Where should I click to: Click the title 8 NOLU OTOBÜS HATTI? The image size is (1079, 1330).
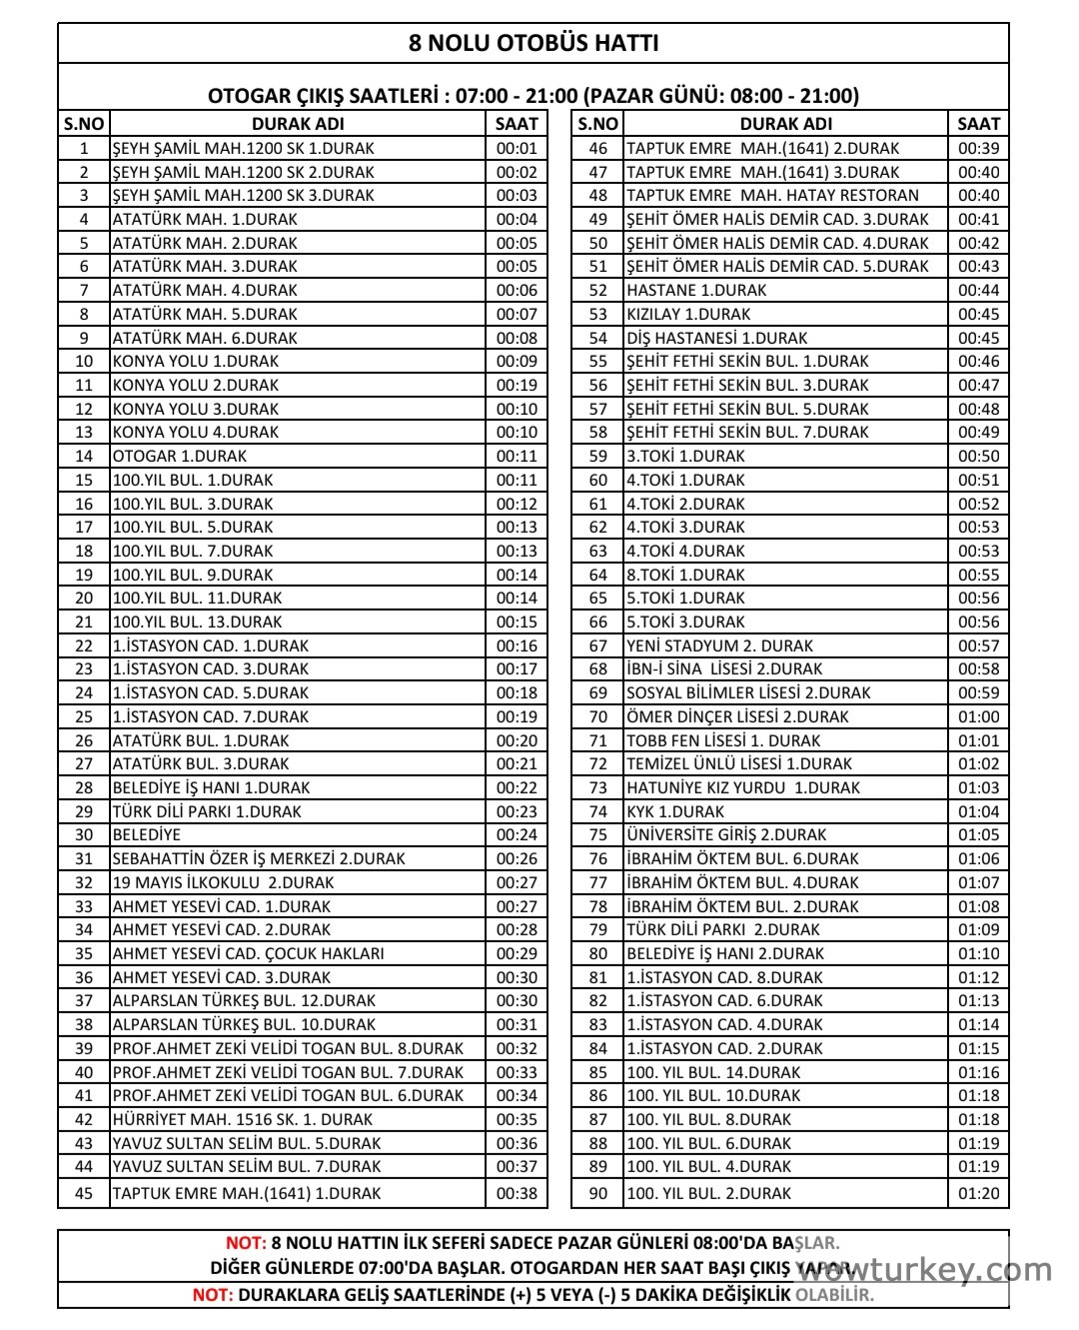pos(534,43)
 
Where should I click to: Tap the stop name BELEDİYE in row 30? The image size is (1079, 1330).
pos(147,835)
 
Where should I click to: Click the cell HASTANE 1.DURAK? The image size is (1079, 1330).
pos(696,291)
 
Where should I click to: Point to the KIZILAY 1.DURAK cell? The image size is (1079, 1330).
pos(688,315)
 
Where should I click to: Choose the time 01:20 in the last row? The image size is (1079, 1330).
pos(978,1193)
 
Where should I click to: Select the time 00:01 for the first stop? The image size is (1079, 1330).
pos(517,149)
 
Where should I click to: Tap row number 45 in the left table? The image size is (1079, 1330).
pos(84,1193)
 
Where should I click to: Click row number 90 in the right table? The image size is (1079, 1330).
pos(597,1193)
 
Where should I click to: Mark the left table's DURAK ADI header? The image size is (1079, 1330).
pos(298,124)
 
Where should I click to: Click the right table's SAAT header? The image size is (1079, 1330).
pos(978,124)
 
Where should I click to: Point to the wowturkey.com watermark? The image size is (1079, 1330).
pos(925,1271)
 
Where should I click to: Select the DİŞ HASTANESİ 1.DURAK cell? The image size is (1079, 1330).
pos(716,339)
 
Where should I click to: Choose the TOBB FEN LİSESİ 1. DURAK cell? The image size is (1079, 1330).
pos(723,741)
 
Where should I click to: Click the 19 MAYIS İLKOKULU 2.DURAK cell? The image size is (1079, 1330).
pos(223,883)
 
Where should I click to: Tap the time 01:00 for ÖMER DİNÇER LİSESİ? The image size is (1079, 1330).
pos(978,717)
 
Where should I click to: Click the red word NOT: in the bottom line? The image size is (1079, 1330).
pos(213,1295)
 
